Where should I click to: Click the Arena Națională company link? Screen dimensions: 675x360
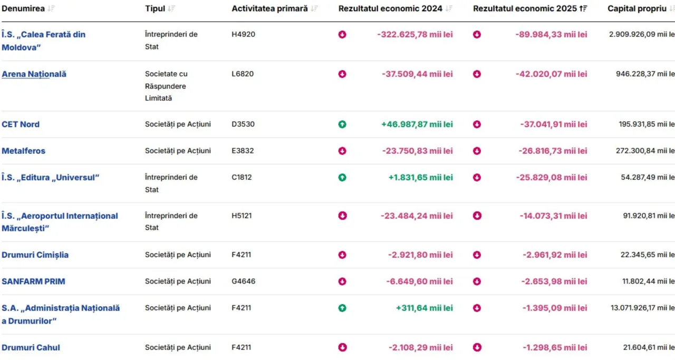point(34,74)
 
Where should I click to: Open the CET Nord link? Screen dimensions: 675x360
point(21,124)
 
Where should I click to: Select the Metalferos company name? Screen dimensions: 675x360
point(24,151)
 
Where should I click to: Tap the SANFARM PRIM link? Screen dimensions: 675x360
point(33,281)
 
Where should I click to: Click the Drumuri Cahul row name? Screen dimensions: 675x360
point(31,348)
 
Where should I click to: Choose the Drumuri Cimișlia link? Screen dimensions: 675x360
point(35,255)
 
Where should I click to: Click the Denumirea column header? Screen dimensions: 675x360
point(23,8)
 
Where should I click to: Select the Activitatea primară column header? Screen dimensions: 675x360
point(269,8)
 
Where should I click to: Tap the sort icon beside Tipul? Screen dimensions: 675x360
point(171,8)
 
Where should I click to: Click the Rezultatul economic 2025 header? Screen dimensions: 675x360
point(525,8)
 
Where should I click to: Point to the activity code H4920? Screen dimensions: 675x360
point(243,34)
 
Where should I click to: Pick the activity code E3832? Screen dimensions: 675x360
point(243,151)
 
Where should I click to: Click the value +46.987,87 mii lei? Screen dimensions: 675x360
point(417,124)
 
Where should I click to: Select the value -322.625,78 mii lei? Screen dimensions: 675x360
point(415,35)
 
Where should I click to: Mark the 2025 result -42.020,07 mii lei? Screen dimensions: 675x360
point(551,74)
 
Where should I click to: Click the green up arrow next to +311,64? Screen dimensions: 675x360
point(342,308)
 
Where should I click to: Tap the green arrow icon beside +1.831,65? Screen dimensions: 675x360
point(342,178)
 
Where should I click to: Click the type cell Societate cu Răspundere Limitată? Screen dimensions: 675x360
point(166,86)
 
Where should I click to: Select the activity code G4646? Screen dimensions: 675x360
point(243,281)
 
